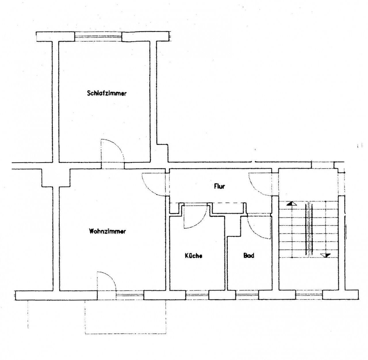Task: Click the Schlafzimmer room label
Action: point(107,93)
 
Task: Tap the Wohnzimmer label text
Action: point(107,231)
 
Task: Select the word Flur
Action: point(219,186)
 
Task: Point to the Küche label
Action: point(193,256)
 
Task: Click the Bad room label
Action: point(249,255)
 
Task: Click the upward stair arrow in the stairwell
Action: point(292,203)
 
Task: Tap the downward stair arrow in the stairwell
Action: point(326,255)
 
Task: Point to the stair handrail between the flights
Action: point(310,229)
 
